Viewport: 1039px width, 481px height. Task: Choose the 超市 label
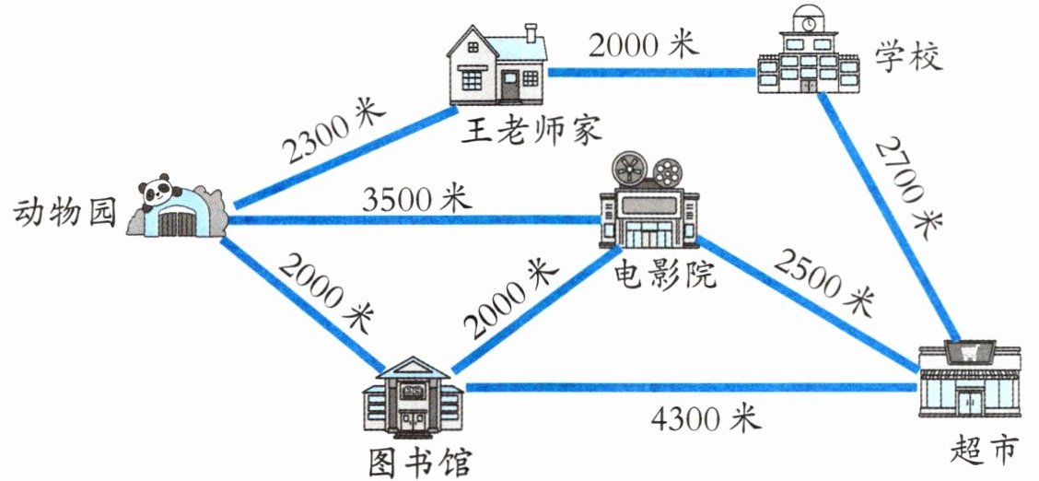coord(983,451)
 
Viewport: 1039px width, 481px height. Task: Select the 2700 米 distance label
coord(907,183)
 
